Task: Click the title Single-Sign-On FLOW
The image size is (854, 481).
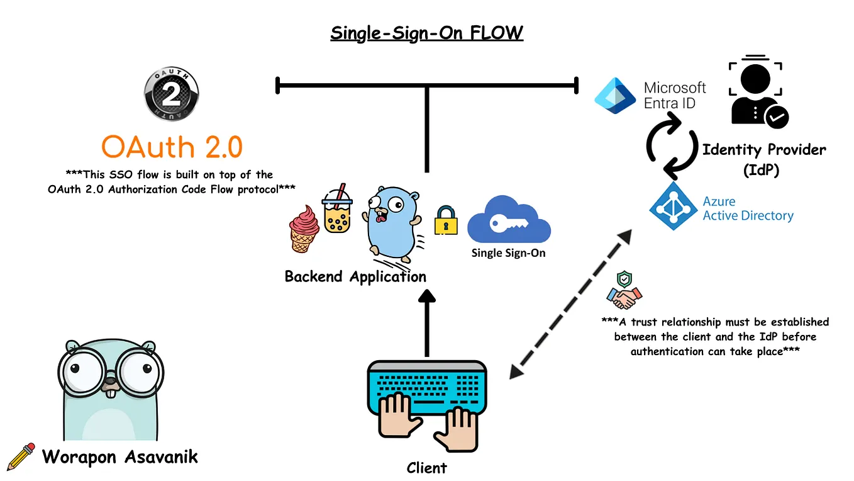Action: [426, 32]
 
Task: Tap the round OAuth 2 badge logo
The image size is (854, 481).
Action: [172, 94]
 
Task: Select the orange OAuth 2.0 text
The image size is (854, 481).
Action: [172, 147]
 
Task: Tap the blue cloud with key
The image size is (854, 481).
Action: [508, 220]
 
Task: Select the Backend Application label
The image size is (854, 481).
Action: [355, 277]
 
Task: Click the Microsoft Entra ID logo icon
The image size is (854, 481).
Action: [616, 95]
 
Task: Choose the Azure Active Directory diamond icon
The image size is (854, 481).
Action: [672, 208]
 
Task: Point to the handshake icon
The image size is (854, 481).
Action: [624, 297]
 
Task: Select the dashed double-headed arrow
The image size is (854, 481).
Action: [570, 305]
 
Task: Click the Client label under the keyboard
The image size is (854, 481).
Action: [426, 468]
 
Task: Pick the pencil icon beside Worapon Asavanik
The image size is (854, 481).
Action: [21, 456]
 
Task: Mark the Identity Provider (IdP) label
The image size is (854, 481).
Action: [763, 159]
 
